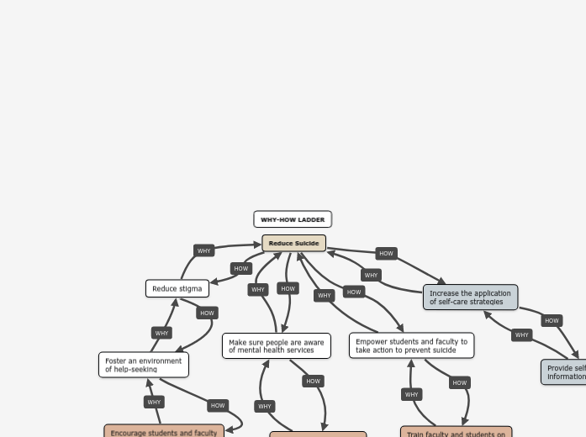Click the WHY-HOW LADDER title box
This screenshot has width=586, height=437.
(293, 219)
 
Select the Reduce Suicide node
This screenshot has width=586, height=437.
(293, 244)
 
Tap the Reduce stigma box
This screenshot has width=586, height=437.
(177, 288)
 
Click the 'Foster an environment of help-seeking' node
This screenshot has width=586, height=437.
(144, 365)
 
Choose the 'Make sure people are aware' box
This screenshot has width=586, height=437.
(277, 346)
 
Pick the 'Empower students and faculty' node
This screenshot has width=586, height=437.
(411, 345)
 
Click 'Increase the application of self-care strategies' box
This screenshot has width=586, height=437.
(470, 297)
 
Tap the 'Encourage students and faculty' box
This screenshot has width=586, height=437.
(164, 431)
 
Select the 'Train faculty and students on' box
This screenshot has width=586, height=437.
(457, 432)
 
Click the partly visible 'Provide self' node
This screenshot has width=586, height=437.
(564, 372)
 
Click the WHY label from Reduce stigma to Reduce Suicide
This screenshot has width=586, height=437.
(204, 250)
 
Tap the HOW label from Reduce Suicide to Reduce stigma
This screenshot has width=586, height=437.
(241, 268)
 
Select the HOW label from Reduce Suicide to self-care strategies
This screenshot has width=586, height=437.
(386, 253)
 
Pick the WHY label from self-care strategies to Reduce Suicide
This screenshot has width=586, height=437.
(371, 275)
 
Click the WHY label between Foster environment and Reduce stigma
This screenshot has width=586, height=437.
(161, 333)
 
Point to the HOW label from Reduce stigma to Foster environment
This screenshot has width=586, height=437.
(207, 313)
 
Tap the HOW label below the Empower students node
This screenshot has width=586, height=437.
(459, 382)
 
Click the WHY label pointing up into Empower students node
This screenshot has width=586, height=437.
(411, 394)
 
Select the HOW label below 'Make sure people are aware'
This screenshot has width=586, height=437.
(313, 381)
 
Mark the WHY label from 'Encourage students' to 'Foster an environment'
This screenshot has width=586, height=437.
(154, 402)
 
